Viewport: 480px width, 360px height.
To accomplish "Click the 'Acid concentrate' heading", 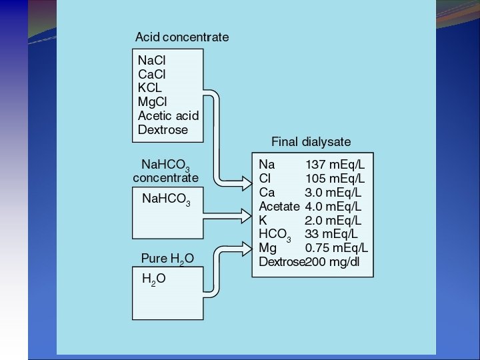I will (181, 37).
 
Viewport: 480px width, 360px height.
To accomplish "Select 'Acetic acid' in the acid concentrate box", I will (168, 115).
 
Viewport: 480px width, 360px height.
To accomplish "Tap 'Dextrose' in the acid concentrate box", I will (163, 130).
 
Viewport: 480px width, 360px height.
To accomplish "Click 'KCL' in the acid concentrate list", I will (149, 87).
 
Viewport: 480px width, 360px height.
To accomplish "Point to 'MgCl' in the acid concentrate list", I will (152, 101).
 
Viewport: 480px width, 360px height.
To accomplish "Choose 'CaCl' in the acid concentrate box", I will (152, 73).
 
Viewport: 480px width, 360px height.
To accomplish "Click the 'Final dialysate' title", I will (311, 142).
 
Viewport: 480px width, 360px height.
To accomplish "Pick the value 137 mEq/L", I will (335, 164).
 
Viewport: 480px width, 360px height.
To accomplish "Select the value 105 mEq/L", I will (335, 178).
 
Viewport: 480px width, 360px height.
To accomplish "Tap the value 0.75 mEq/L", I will (336, 248).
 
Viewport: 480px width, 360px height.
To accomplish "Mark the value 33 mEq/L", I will (331, 234).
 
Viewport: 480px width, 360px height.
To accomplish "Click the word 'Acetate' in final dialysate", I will (279, 206).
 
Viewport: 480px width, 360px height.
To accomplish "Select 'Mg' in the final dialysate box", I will (267, 248).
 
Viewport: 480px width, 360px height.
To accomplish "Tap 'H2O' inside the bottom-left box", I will (154, 280).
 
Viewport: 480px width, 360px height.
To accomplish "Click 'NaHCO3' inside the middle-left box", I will (167, 199).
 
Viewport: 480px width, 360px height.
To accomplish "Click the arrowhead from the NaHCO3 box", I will (243, 213).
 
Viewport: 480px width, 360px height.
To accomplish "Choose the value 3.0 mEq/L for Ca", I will (333, 192).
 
